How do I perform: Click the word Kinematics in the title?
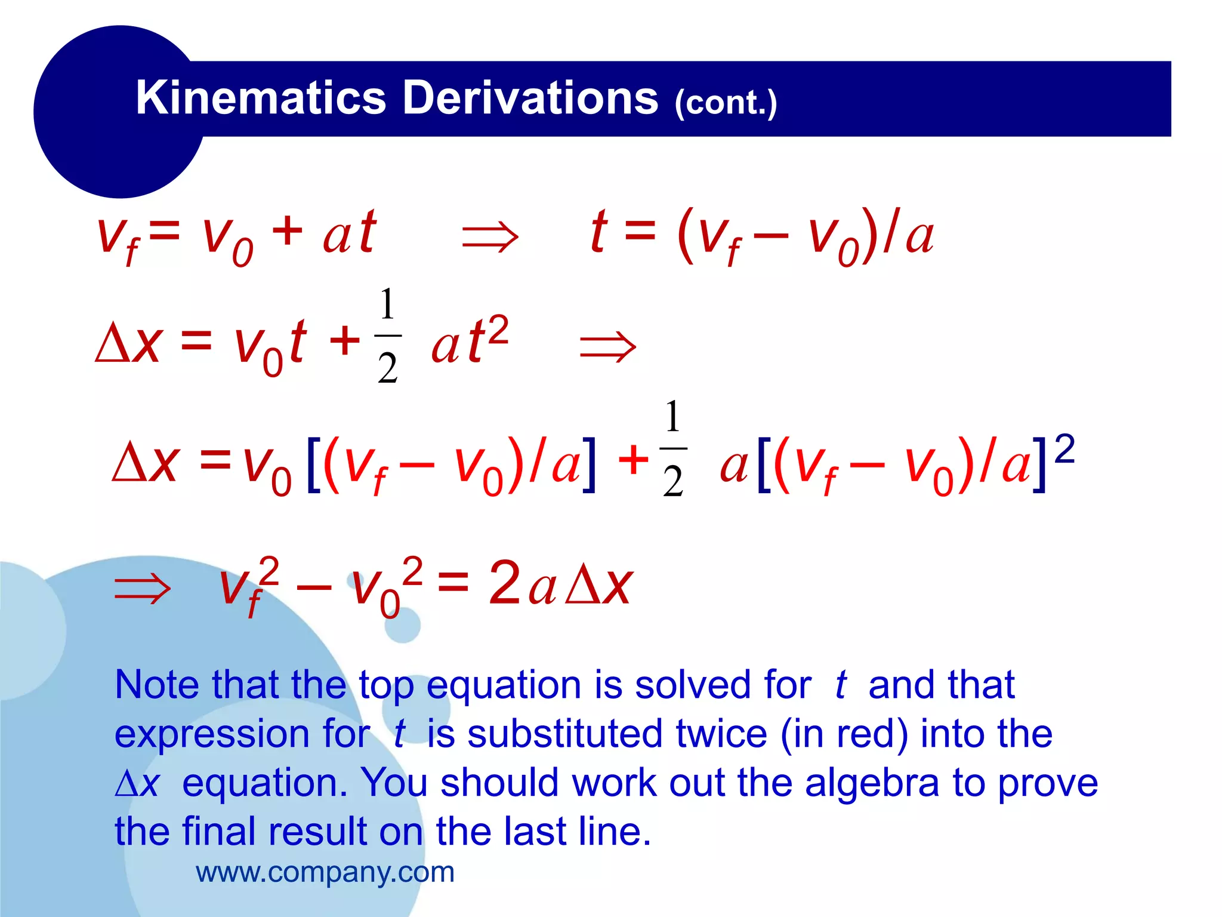(x=261, y=98)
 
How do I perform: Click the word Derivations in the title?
(x=530, y=98)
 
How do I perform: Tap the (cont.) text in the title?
(x=726, y=103)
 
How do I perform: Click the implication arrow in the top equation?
(x=490, y=237)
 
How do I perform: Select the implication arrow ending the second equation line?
(x=608, y=347)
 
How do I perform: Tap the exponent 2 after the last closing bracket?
(x=1064, y=450)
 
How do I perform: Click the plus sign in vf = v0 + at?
(x=287, y=232)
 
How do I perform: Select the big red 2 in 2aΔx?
(x=504, y=583)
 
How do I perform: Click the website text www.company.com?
(x=325, y=872)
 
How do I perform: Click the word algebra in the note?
(x=872, y=783)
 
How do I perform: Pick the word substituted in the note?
(x=564, y=734)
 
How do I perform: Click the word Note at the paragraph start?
(x=158, y=685)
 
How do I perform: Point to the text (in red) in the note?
(x=844, y=734)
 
